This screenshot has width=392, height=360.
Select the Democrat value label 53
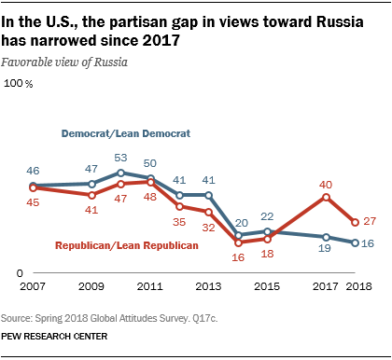(x=121, y=158)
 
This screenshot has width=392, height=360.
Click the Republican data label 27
(x=370, y=221)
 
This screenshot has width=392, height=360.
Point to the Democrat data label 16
(x=370, y=243)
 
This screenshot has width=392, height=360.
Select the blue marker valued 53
(x=121, y=173)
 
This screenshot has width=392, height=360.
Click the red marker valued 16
(x=238, y=242)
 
